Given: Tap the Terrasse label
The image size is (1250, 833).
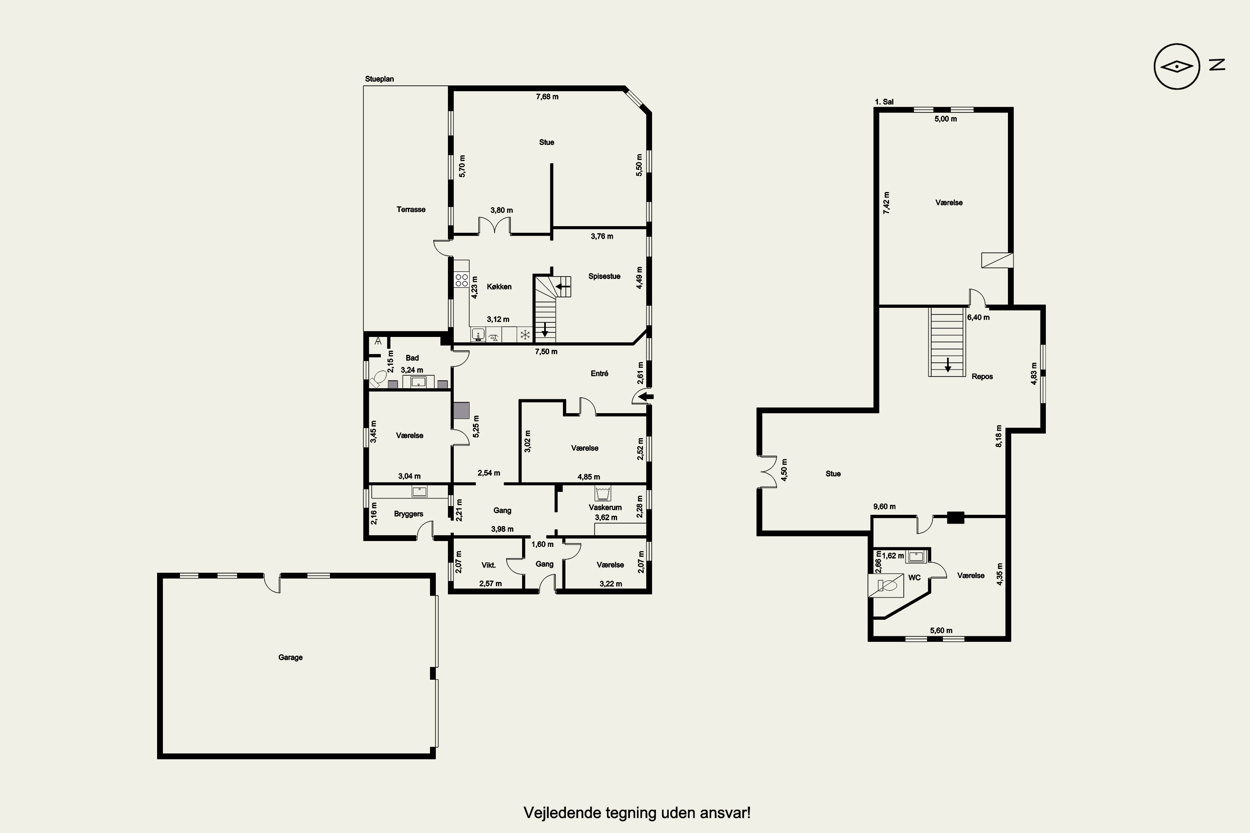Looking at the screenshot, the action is pyautogui.click(x=411, y=209).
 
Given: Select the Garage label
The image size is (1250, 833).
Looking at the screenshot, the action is pyautogui.click(x=290, y=657).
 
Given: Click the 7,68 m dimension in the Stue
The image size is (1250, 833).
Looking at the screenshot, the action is pyautogui.click(x=547, y=97).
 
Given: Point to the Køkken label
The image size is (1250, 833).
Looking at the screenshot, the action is pyautogui.click(x=499, y=287).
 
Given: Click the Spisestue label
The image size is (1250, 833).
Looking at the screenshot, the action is pyautogui.click(x=604, y=276).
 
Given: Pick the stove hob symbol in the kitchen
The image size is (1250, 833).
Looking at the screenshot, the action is pyautogui.click(x=461, y=280).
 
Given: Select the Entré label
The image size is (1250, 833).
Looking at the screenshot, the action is pyautogui.click(x=600, y=374).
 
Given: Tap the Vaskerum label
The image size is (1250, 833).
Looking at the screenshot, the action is pyautogui.click(x=605, y=507).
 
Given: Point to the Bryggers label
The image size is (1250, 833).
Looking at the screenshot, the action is pyautogui.click(x=409, y=514).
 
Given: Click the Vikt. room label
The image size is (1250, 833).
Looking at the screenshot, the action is pyautogui.click(x=488, y=565).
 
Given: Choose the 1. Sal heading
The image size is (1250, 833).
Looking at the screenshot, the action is pyautogui.click(x=884, y=102).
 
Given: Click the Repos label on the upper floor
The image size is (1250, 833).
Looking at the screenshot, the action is pyautogui.click(x=982, y=377).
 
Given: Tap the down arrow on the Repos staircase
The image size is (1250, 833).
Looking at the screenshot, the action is pyautogui.click(x=947, y=364).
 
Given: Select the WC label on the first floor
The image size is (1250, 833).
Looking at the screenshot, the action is pyautogui.click(x=914, y=577).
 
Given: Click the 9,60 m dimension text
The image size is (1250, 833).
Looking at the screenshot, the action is pyautogui.click(x=884, y=506).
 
